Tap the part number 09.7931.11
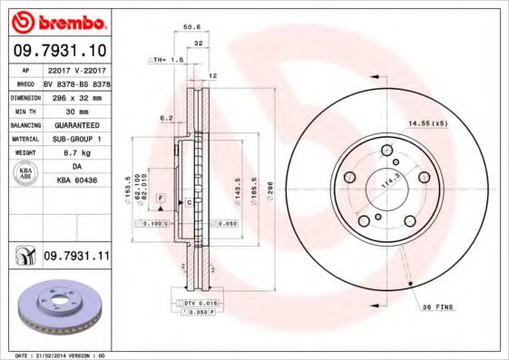77,258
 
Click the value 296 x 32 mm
77,95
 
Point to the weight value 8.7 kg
77,154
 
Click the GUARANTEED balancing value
77,124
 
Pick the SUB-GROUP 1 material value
77,139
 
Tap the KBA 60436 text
77,180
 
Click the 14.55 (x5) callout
428,123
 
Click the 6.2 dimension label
166,118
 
